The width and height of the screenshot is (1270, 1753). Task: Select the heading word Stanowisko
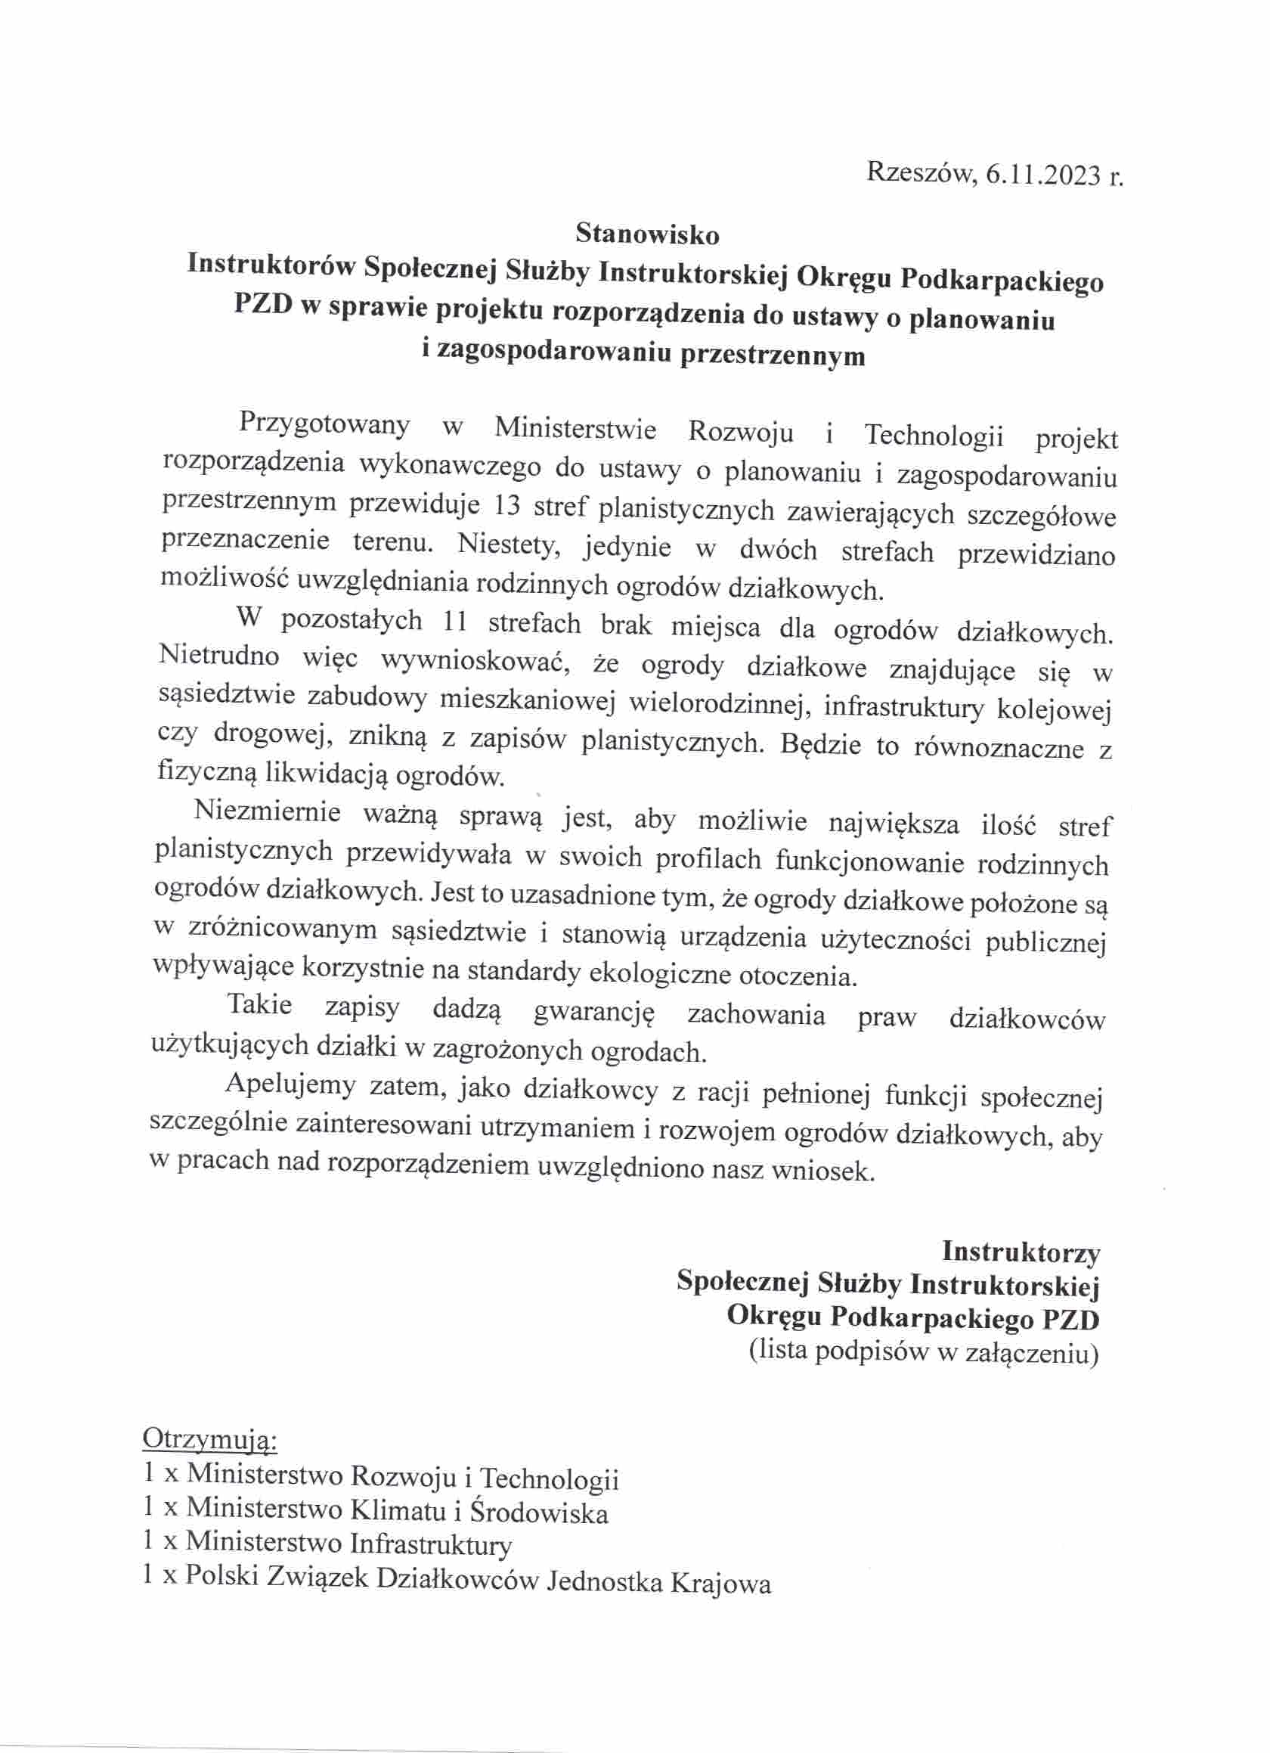646,233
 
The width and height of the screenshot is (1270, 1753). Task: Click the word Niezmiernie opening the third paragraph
268,811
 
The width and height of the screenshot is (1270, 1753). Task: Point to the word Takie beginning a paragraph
259,1005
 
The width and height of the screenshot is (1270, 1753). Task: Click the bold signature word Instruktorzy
1021,1252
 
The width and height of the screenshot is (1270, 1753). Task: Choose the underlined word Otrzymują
209,1441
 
